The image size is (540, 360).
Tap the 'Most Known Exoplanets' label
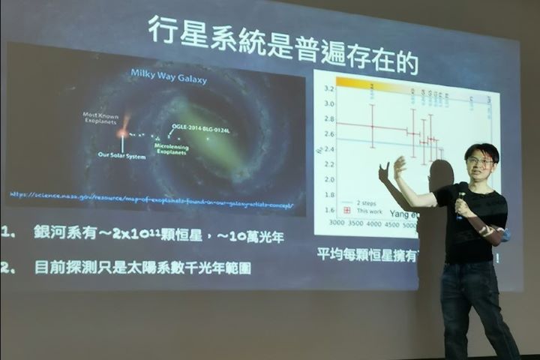pos(100,118)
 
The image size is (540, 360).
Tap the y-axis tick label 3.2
pos(328,88)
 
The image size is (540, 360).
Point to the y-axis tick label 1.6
pos(328,210)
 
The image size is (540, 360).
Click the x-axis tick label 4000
pos(370,224)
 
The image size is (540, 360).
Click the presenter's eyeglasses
pos(480,160)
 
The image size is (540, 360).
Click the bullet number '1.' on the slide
pos(9,232)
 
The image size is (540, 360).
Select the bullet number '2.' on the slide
pos(9,267)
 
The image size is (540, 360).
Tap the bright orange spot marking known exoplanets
pos(122,132)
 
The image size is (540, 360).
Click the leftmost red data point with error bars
pos(372,126)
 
